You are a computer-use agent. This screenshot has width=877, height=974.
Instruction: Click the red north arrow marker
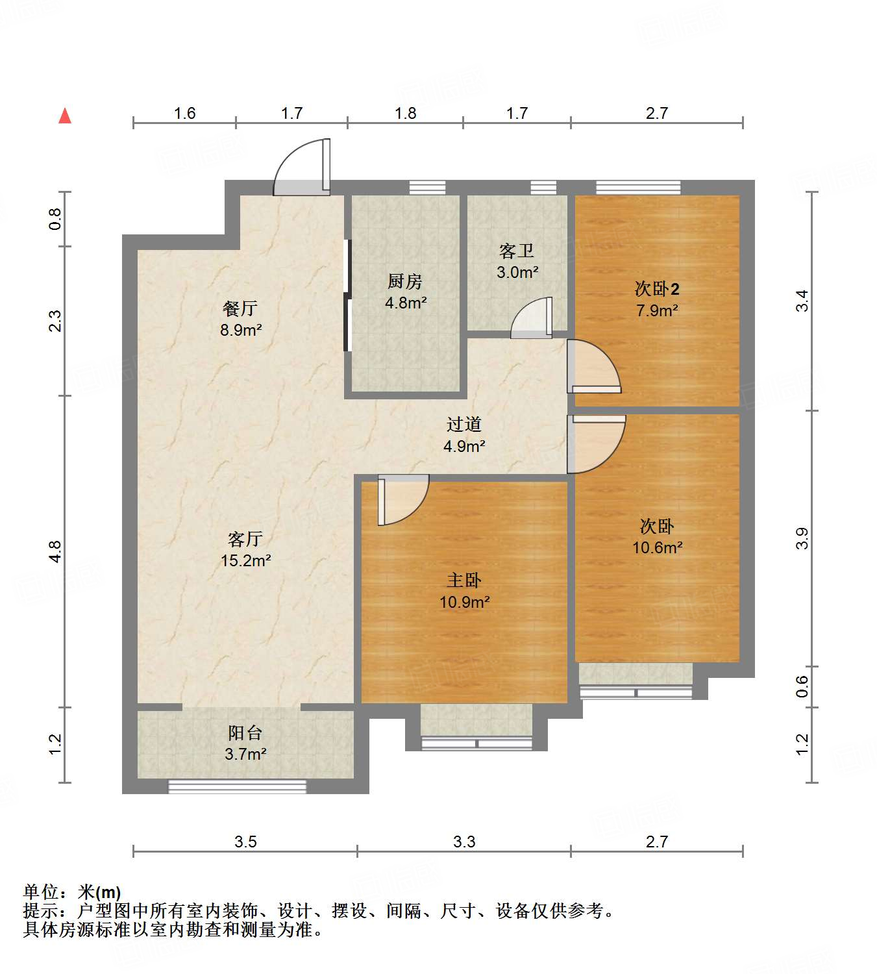point(65,116)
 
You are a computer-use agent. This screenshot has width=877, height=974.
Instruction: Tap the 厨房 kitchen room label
point(405,281)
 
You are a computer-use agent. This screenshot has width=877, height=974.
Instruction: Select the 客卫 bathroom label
point(517,251)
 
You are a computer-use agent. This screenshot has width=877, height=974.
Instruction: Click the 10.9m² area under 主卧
point(464,602)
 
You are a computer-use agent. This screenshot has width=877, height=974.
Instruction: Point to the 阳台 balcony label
point(245,733)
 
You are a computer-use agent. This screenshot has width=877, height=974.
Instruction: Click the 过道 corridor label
point(464,425)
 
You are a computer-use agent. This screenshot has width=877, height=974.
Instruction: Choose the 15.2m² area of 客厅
point(245,560)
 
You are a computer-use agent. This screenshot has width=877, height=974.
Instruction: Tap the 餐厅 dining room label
point(240,308)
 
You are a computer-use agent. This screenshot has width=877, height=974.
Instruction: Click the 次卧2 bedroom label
point(657,289)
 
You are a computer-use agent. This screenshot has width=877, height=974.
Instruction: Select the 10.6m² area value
point(657,547)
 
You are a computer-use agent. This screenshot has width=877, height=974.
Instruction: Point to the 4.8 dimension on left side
point(55,551)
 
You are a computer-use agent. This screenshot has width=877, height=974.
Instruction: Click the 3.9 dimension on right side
point(802,538)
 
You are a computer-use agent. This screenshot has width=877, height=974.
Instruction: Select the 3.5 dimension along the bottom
point(245,842)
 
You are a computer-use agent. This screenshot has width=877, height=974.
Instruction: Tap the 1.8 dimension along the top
point(406,114)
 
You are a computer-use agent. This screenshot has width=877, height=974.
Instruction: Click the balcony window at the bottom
point(238,786)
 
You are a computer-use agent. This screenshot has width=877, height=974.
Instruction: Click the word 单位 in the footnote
point(41,892)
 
